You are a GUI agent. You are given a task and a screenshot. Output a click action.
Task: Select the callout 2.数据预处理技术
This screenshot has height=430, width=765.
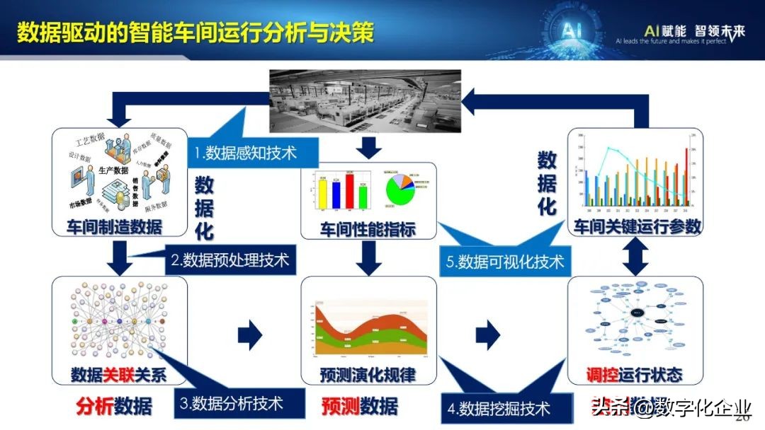(229, 260)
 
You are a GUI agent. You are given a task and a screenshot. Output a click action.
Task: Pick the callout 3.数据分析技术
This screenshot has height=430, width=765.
(231, 403)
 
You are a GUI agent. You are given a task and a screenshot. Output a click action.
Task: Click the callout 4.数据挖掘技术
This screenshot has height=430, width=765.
(499, 408)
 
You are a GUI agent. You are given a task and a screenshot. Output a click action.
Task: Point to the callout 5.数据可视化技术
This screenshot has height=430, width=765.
(500, 262)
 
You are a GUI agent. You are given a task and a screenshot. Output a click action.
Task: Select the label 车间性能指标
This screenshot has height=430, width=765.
(368, 230)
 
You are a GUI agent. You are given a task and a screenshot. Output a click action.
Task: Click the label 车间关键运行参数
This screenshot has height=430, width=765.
(637, 227)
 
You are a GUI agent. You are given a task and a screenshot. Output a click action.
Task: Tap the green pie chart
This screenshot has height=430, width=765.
(404, 190)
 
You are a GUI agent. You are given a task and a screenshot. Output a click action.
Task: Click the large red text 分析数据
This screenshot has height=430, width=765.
(114, 406)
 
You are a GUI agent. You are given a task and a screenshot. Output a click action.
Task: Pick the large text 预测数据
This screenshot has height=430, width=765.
(359, 406)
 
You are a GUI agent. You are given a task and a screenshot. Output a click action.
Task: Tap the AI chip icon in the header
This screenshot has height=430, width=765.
(572, 30)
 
